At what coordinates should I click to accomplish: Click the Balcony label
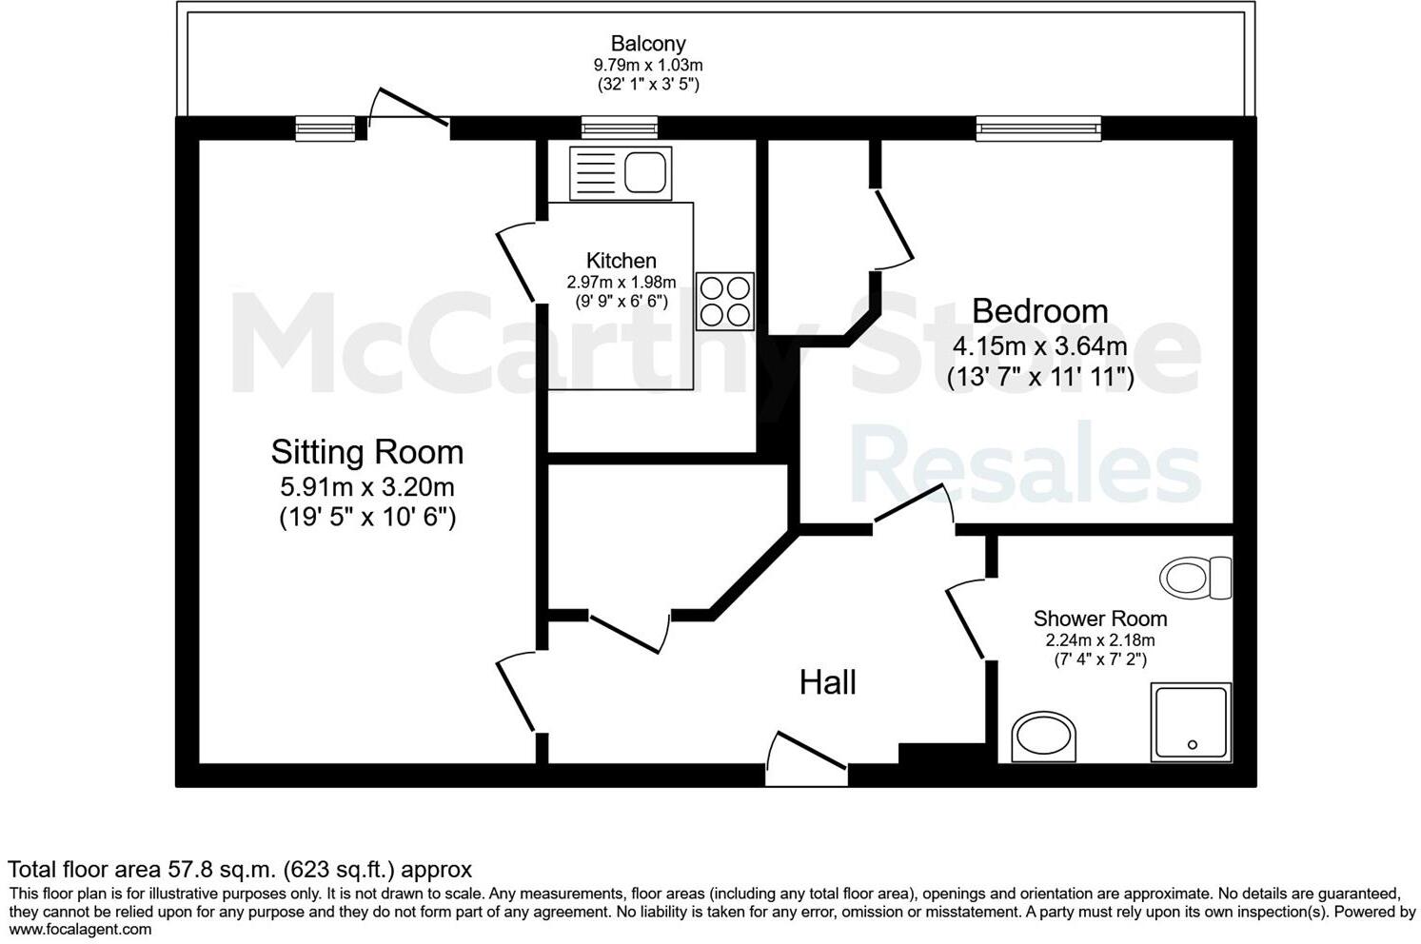[648, 44]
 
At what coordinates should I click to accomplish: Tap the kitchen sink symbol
[621, 172]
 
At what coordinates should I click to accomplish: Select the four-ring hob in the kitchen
[724, 301]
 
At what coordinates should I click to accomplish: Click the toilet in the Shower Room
[1195, 578]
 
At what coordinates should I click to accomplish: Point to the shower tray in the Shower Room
[1191, 721]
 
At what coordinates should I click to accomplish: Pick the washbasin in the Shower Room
[1044, 737]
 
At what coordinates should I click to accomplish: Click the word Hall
[827, 682]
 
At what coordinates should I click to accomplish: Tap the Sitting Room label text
[367, 452]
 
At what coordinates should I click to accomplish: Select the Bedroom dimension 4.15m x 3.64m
[1039, 345]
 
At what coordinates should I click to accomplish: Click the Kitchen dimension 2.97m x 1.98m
[621, 282]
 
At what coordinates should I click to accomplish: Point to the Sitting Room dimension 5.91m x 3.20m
[367, 487]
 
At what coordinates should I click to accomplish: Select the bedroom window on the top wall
[1038, 128]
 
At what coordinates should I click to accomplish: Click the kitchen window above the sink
[620, 128]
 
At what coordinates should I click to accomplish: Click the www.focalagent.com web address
[80, 930]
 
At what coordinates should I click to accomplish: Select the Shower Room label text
[1099, 619]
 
